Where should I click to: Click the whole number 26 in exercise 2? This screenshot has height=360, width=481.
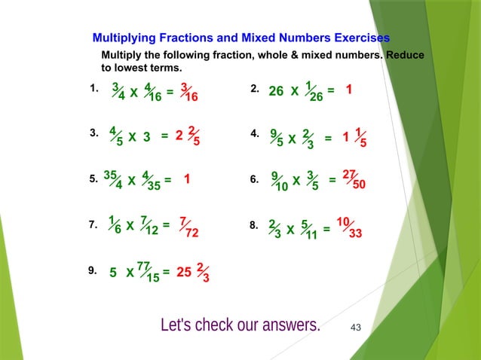pos(276,91)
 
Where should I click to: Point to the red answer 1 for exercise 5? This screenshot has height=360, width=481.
pos(185,181)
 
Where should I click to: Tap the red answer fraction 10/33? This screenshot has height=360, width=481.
pos(350,228)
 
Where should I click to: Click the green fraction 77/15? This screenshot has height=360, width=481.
pos(148,272)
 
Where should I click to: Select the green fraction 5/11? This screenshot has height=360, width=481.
pos(308,228)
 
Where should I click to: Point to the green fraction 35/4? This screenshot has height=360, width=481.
pos(113,181)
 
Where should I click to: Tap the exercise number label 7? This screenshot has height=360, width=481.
pos(92,224)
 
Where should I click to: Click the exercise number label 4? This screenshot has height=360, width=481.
pos(253,134)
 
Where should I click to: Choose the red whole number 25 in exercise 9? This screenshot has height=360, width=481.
pos(183,273)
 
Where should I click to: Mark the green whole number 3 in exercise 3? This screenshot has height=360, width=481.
pos(147,137)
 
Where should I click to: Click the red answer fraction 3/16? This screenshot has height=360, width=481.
pos(189,92)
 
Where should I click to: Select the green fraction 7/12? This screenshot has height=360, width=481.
pos(149,227)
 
